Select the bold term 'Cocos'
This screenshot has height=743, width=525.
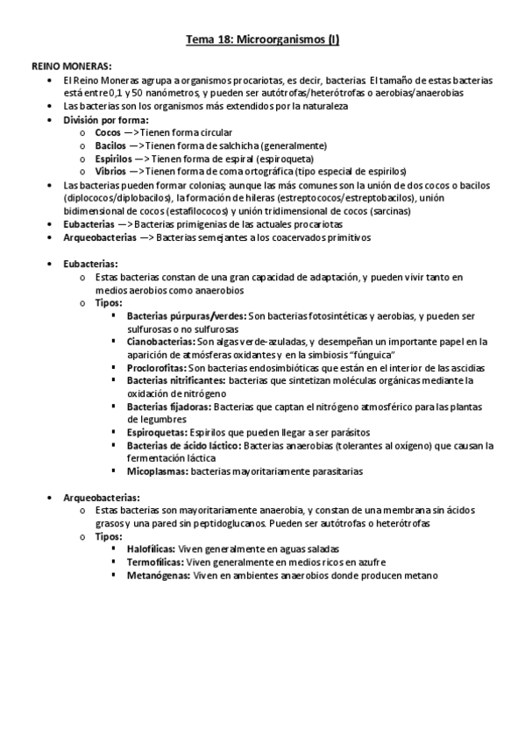[x=109, y=132]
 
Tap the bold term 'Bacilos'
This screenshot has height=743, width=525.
[x=110, y=145]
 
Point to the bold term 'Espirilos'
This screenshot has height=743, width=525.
[x=114, y=159]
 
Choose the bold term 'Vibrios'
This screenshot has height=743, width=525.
[x=110, y=172]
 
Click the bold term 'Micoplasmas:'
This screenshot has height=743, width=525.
[x=157, y=471]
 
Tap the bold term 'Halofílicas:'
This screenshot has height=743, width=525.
[x=151, y=548]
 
